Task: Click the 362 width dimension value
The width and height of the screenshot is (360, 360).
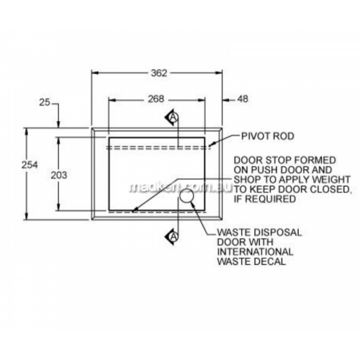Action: pyautogui.click(x=159, y=73)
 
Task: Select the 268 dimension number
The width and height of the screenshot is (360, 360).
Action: pyautogui.click(x=156, y=99)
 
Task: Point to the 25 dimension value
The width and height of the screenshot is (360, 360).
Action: pyautogui.click(x=45, y=102)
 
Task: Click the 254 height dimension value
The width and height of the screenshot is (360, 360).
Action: pyautogui.click(x=30, y=165)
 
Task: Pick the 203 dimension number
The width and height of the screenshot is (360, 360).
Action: pyautogui.click(x=59, y=176)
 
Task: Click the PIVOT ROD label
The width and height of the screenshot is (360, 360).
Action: pyautogui.click(x=268, y=136)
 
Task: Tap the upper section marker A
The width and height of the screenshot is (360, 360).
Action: pyautogui.click(x=173, y=117)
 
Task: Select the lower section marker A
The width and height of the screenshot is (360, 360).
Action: pyautogui.click(x=173, y=237)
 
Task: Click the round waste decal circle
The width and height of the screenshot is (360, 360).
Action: pyautogui.click(x=186, y=197)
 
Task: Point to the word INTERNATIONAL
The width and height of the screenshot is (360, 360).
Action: pyautogui.click(x=255, y=252)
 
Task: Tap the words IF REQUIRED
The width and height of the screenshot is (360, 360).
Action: pyautogui.click(x=265, y=199)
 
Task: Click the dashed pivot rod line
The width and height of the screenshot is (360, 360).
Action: pyautogui.click(x=158, y=148)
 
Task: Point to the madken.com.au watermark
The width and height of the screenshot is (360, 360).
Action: pyautogui.click(x=181, y=188)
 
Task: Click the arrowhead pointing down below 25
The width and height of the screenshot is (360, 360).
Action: pyautogui.click(x=59, y=125)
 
